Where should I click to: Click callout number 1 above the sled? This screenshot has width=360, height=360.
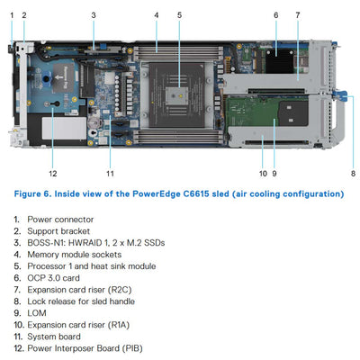pos(12,15)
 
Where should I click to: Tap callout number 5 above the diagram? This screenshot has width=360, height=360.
pos(179,15)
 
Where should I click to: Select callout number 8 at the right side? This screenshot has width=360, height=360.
pos(353,173)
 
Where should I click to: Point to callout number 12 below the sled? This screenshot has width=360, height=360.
pos(53,173)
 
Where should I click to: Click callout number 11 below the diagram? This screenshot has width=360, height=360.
pos(110,173)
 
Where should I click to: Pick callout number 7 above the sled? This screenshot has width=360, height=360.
pos(298,15)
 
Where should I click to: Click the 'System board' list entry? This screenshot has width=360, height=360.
pos(54,336)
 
